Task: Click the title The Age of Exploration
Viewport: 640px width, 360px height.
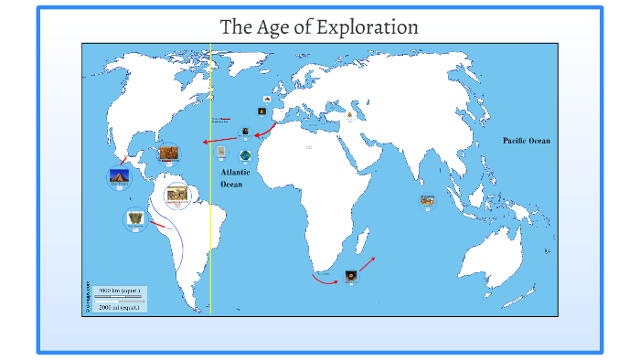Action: pyautogui.click(x=320, y=27)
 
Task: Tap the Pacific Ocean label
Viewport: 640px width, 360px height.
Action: pyautogui.click(x=527, y=141)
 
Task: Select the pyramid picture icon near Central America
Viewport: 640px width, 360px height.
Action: pyautogui.click(x=119, y=177)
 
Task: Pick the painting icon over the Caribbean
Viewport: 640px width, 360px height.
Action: pyautogui.click(x=168, y=154)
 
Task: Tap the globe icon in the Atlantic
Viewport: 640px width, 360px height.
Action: pyautogui.click(x=245, y=155)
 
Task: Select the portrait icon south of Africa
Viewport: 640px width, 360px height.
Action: pyautogui.click(x=351, y=275)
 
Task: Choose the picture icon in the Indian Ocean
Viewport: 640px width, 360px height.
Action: pyautogui.click(x=426, y=200)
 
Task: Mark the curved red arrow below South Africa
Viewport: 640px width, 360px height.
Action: pyautogui.click(x=325, y=279)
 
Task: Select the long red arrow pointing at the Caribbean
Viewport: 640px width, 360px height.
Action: pyautogui.click(x=219, y=141)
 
